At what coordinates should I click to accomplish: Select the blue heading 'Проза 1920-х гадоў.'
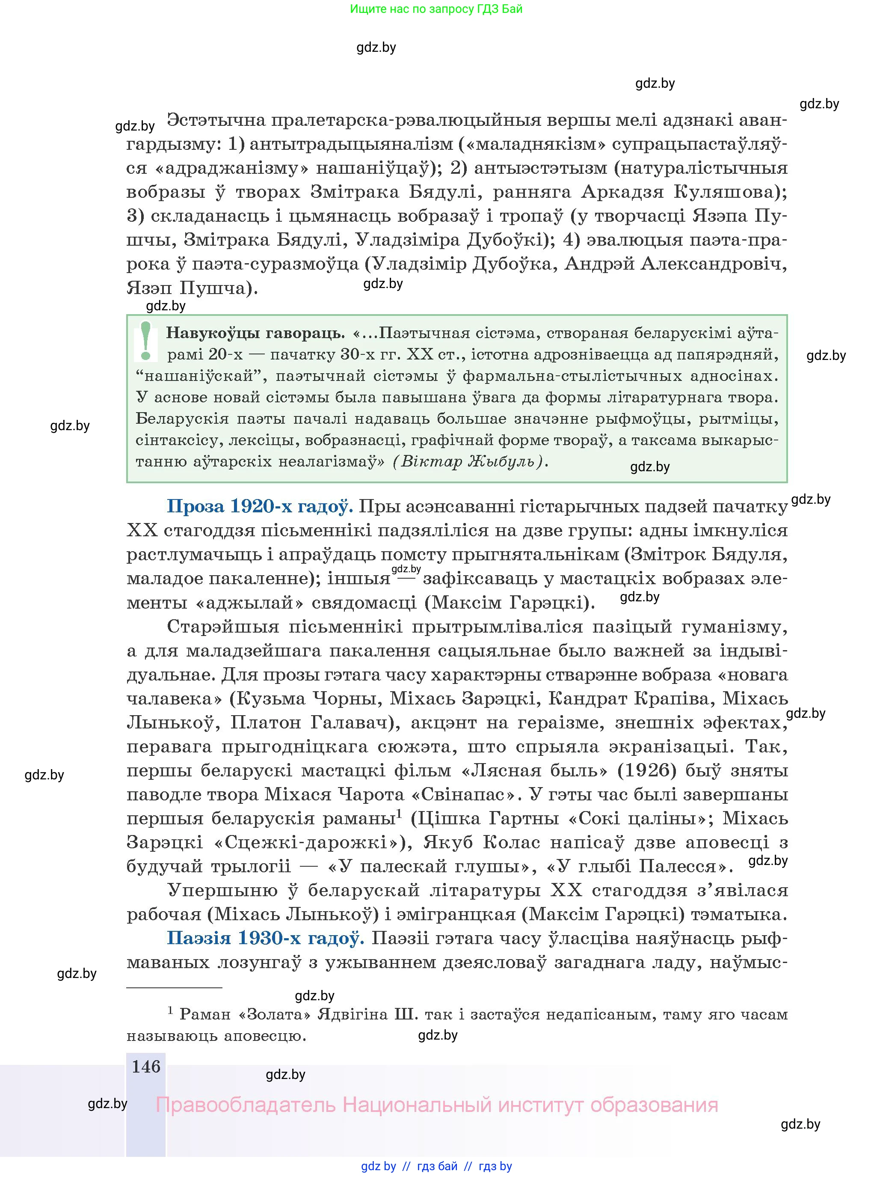click(259, 506)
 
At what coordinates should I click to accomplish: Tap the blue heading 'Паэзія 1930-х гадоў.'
click(265, 938)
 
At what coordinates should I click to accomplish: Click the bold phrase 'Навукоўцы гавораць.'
click(255, 333)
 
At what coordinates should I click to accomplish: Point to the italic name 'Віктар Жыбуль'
click(468, 461)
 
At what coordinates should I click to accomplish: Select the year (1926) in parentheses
click(647, 770)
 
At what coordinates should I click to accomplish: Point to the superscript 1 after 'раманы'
click(400, 814)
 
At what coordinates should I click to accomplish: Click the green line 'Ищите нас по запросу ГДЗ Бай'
click(436, 9)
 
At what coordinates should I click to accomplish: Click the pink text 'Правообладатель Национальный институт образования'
click(436, 1105)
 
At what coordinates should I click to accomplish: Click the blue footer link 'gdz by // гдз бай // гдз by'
click(436, 1166)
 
